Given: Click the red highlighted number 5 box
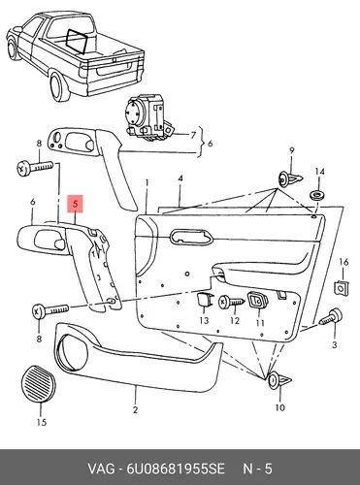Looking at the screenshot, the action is coord(75,204).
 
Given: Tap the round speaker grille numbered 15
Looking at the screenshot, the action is coord(39,384).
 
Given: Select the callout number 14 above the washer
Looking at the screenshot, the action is coord(319,172).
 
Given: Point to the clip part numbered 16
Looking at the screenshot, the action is coord(342,288).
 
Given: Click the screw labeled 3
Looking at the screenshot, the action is coord(331,316).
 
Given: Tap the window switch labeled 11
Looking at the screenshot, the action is coord(257,300).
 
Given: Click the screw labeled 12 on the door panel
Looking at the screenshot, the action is coord(232,302).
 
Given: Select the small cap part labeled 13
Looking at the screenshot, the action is coord(205,300).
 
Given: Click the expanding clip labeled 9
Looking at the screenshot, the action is coord(290,179).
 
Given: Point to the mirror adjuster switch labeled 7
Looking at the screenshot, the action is coord(147,118).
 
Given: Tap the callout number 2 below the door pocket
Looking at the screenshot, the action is coord(135,409).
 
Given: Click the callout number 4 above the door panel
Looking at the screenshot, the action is coord(180,178).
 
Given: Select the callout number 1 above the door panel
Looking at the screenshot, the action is coord(147,183).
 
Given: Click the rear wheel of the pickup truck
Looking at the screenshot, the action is coord(59,86).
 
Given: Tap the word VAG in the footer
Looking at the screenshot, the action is coord(101,469).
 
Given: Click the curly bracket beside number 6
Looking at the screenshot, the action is coord(201,143).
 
